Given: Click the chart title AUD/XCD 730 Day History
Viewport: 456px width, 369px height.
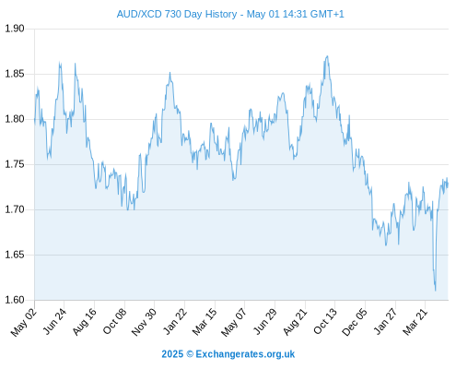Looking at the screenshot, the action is coord(177,14).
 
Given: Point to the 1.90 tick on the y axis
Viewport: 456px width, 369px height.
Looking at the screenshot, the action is coord(15,29).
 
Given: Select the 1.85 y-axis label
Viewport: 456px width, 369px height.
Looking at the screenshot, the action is coord(15,74).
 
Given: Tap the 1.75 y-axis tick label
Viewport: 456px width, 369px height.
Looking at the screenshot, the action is coord(15,164).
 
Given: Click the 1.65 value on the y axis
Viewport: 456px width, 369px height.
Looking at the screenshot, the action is coord(15,255).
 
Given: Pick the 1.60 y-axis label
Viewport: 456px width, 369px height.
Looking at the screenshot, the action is coord(15,300).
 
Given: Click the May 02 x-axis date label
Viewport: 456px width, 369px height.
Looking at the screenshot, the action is coord(24,322).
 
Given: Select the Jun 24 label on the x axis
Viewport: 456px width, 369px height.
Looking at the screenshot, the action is coord(54,321).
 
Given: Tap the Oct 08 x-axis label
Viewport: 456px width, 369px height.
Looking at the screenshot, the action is coord(115,321).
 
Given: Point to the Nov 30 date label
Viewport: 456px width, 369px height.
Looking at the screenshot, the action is coord(144,322).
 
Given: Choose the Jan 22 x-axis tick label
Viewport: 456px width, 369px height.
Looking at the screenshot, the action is coord(175,321).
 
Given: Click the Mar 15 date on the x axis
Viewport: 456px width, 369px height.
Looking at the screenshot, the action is coord(205,322).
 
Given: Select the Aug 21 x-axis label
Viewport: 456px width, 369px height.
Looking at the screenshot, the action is coord(295,322).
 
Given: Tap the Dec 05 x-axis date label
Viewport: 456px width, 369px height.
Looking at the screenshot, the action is coord(355,322).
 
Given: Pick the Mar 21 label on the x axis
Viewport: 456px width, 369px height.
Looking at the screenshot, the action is coord(415,322).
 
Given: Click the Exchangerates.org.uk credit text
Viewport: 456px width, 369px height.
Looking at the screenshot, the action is coord(245,354).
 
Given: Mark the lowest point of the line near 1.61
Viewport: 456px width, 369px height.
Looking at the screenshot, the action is coord(436,291).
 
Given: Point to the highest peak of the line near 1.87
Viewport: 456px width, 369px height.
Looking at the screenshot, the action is coord(327,56).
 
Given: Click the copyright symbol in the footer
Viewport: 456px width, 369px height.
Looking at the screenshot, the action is coord(190,354).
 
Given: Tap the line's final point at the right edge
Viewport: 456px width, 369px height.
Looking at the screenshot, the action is coord(448,184).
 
